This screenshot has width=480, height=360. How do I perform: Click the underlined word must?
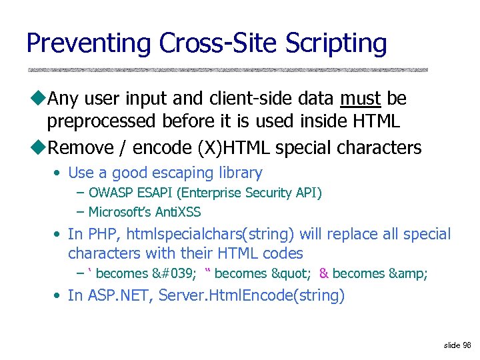point(360,99)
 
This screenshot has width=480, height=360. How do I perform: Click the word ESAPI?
point(153,193)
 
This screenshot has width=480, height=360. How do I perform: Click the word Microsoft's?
point(119,213)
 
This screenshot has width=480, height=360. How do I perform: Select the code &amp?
point(407,273)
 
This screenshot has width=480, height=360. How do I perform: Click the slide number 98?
point(467,345)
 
